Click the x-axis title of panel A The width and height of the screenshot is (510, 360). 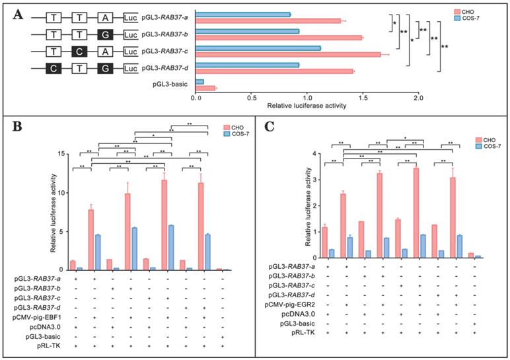click(306, 106)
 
